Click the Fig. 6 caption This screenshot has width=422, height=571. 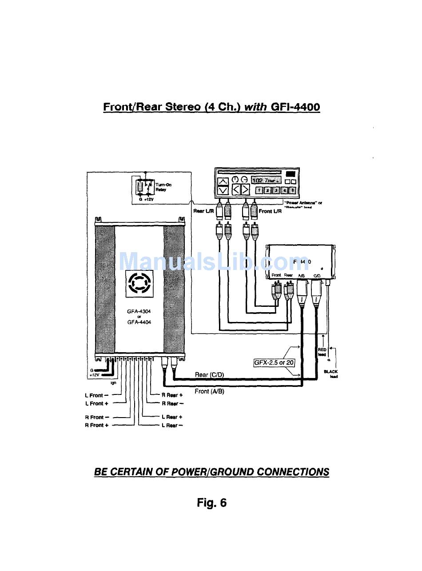(x=211, y=503)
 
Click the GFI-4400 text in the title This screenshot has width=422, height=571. (x=295, y=107)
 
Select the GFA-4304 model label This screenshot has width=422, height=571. (x=139, y=312)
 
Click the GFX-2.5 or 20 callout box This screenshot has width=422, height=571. (x=274, y=362)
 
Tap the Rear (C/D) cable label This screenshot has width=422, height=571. (x=209, y=374)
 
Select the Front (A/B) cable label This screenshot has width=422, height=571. (x=209, y=391)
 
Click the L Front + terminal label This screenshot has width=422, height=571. (x=97, y=403)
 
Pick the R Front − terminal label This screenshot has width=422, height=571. (x=97, y=417)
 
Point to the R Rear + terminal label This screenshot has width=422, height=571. (x=172, y=395)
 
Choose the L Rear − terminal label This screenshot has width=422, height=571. (x=172, y=426)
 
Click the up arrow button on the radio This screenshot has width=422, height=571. (x=223, y=181)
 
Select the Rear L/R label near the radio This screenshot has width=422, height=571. (x=204, y=211)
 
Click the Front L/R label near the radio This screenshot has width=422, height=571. (x=270, y=211)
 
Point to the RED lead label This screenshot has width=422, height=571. (x=322, y=352)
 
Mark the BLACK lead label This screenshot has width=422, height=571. (x=331, y=374)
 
